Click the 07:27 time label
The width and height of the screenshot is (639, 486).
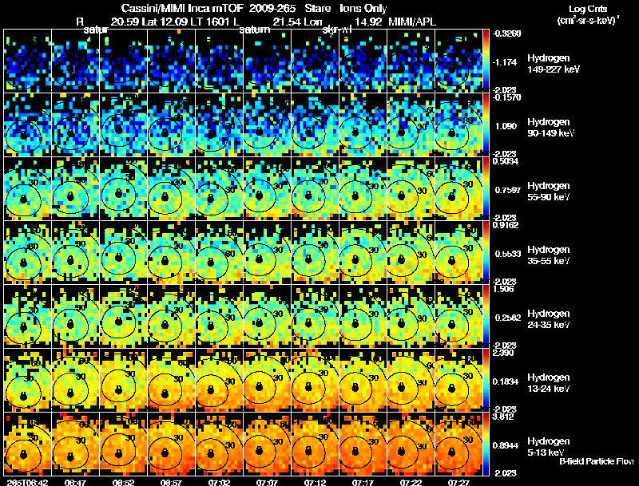coord(459,482)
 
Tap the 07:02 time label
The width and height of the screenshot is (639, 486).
coord(220,482)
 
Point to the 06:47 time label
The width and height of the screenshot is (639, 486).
coord(75,482)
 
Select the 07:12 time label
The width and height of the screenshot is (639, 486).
coord(316,482)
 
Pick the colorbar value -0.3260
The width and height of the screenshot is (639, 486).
coord(508,34)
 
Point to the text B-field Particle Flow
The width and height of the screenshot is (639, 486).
coord(597,461)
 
